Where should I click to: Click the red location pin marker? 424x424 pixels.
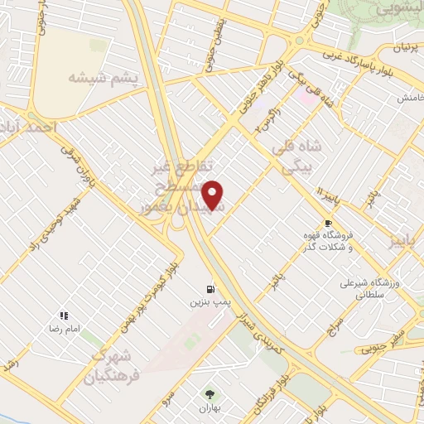tap(214, 195)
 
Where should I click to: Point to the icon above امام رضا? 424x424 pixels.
tap(63, 316)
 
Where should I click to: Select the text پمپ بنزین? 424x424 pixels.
tap(210, 304)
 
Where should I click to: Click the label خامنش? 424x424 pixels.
tap(405, 98)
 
